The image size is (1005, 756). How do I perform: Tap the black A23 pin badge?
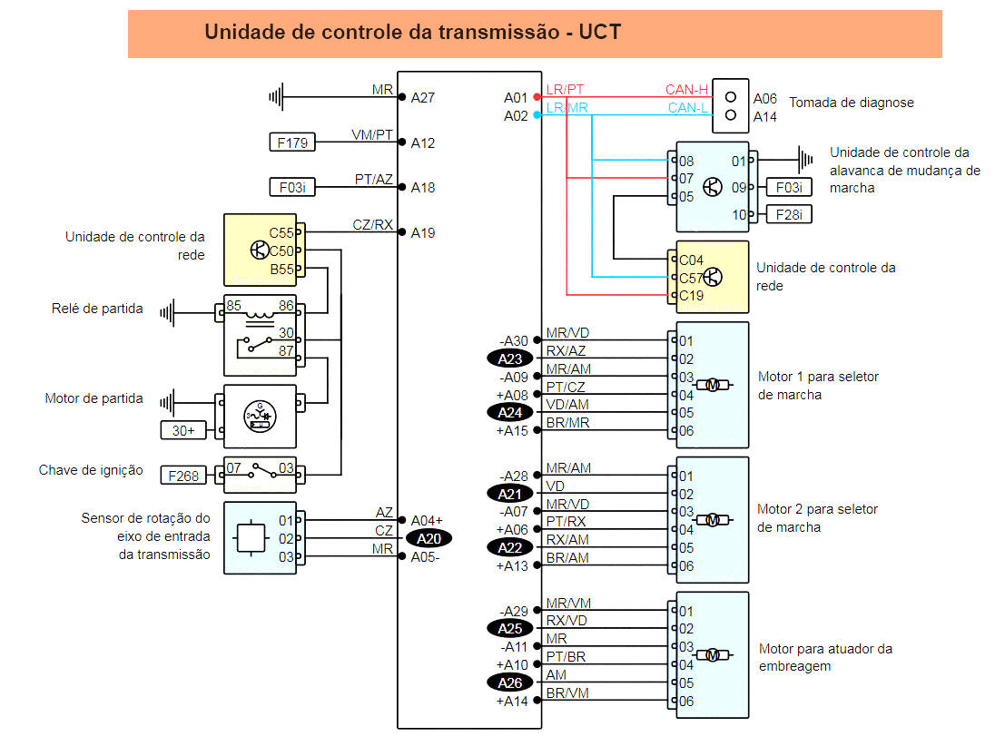pyautogui.click(x=510, y=358)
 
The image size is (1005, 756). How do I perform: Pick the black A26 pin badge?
pyautogui.click(x=510, y=682)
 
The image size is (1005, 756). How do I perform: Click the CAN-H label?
pyautogui.click(x=686, y=89)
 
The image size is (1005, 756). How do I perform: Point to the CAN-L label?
pyautogui.click(x=686, y=108)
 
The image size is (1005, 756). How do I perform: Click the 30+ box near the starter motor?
pyautogui.click(x=183, y=430)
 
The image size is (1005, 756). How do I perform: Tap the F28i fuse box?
pyautogui.click(x=789, y=214)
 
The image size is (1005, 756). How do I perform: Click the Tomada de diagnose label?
pyautogui.click(x=852, y=103)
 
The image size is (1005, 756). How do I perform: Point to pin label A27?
pyautogui.click(x=423, y=97)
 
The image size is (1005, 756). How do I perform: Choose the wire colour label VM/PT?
pyautogui.click(x=372, y=134)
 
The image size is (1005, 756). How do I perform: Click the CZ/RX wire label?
pyautogui.click(x=372, y=224)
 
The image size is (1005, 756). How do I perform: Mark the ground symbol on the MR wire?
pyautogui.click(x=277, y=96)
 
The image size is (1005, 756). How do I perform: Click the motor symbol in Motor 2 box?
pyautogui.click(x=713, y=520)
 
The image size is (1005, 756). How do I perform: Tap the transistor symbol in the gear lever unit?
pyautogui.click(x=713, y=187)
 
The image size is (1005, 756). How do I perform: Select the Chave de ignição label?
pyautogui.click(x=91, y=470)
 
